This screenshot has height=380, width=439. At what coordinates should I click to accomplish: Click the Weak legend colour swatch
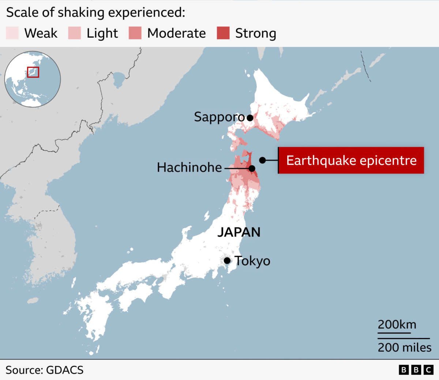click(x=12, y=33)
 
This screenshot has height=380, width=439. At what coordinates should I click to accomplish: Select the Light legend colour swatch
click(x=74, y=33)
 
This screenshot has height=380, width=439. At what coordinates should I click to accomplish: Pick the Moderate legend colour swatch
click(x=135, y=33)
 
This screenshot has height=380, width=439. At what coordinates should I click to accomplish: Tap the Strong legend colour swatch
click(x=223, y=33)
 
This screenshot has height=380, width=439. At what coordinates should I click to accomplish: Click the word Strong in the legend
click(x=255, y=33)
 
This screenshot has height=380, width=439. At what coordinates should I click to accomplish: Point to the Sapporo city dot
click(x=250, y=118)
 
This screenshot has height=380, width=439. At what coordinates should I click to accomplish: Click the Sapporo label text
click(x=219, y=117)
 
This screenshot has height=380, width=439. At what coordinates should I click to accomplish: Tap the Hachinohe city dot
click(x=252, y=168)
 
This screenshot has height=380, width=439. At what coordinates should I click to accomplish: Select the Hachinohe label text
click(x=189, y=168)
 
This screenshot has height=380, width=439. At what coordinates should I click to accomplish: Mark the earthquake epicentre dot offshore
click(x=262, y=160)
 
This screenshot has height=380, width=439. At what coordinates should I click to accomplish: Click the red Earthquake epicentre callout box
click(x=351, y=160)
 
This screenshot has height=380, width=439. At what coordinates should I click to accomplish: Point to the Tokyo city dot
click(x=227, y=260)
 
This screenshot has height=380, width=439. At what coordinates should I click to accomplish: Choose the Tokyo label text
click(x=252, y=261)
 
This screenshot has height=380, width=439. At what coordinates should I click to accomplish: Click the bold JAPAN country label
click(x=239, y=232)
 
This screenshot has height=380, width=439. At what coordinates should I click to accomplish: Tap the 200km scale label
click(x=397, y=325)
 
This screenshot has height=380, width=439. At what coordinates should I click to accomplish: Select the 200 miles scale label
click(x=405, y=347)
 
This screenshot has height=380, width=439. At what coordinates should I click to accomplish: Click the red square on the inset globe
click(x=33, y=72)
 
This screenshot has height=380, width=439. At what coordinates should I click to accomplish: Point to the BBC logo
click(x=416, y=370)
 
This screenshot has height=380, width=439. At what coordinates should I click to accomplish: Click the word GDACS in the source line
click(x=64, y=370)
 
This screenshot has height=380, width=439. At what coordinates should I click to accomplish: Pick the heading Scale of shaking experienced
click(x=95, y=12)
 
